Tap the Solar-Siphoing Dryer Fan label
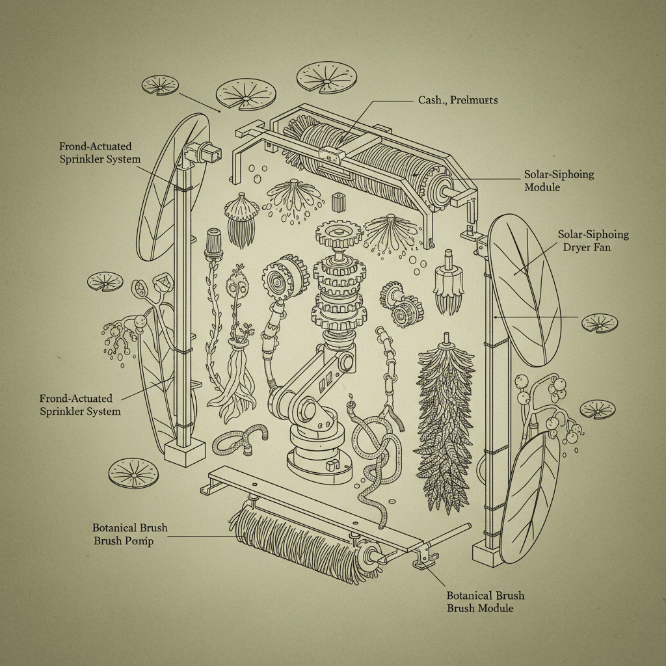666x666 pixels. (x=593, y=241)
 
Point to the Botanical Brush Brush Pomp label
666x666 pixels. (x=129, y=534)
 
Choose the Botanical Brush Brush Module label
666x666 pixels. (x=485, y=602)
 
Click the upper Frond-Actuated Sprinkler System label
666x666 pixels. (x=99, y=153)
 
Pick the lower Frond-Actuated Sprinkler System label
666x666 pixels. (x=79, y=405)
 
